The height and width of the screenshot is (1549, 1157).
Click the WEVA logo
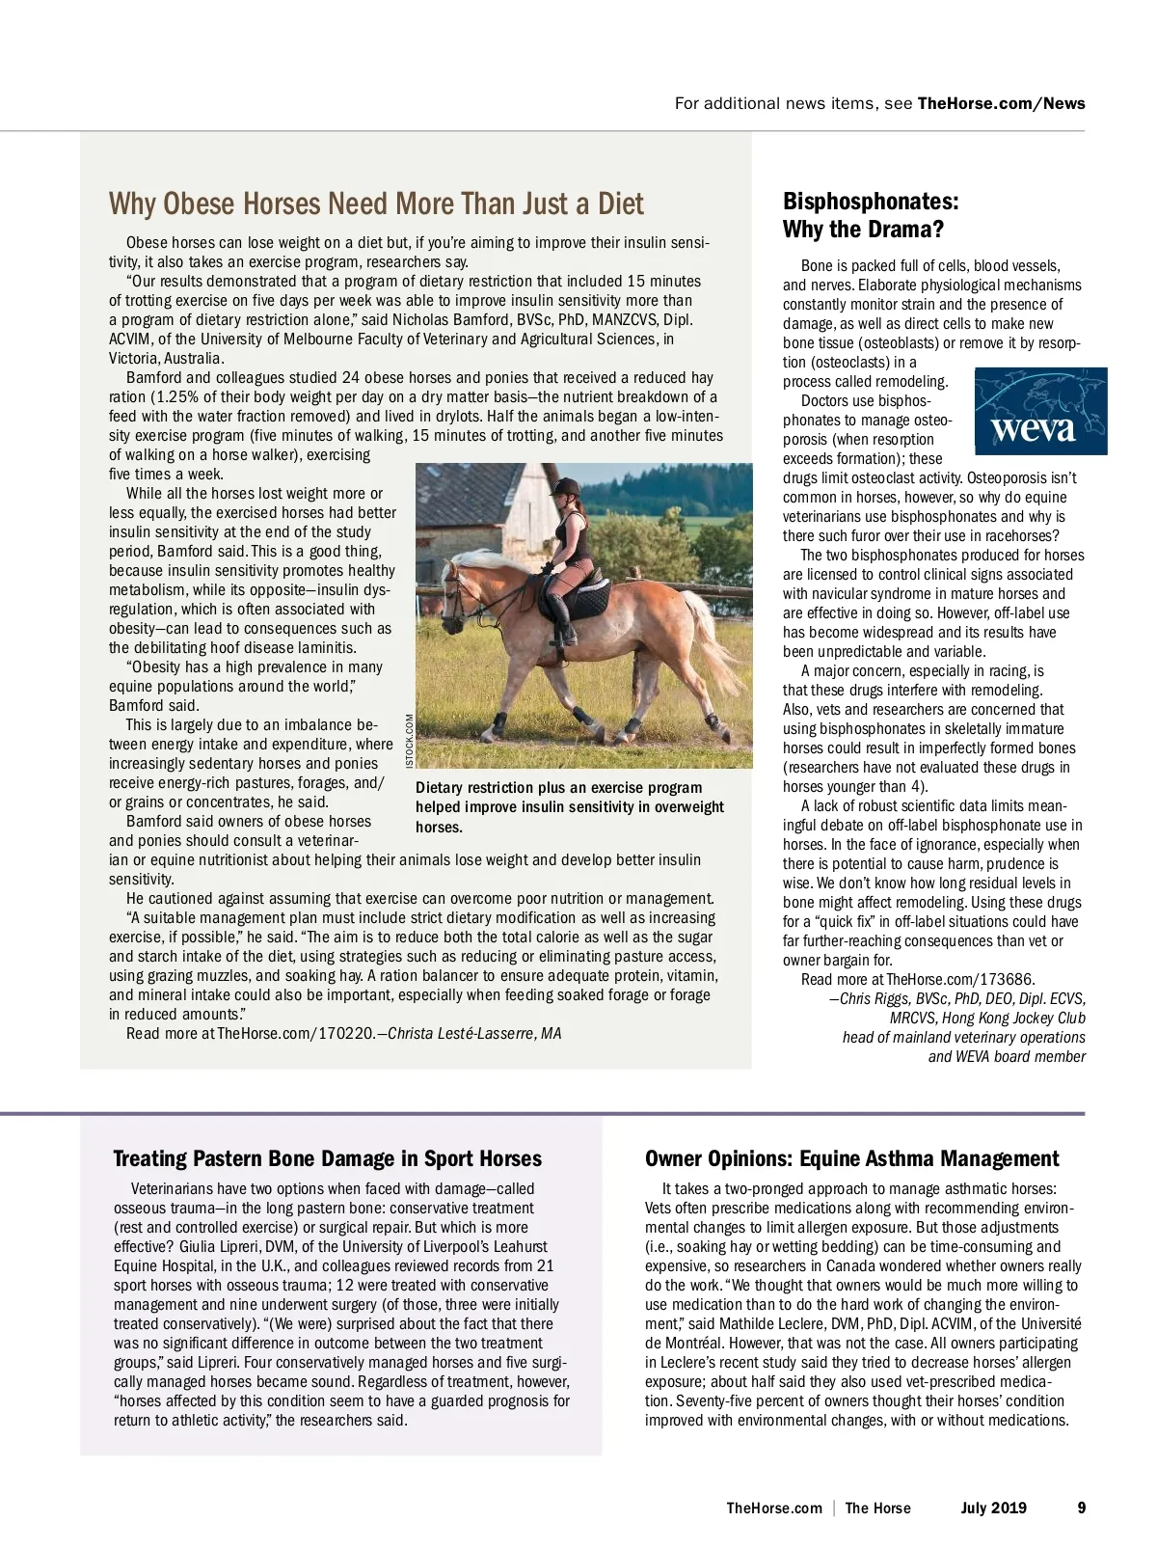pos(1040,411)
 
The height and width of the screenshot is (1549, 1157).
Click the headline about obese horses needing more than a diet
pos(376,204)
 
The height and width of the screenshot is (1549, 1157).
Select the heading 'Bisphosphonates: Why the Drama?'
pos(871,215)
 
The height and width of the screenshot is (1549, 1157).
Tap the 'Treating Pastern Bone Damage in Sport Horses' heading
pos(328,1158)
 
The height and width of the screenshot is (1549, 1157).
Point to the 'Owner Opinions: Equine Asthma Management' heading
pos(851,1158)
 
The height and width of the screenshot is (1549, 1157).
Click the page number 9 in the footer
pos(1081,1508)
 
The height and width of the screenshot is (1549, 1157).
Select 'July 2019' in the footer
pos(993,1508)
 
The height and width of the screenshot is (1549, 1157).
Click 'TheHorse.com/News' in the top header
pos(1001,103)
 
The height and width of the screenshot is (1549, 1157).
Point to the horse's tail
pos(713,637)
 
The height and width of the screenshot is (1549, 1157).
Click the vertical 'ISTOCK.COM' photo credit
pos(410,740)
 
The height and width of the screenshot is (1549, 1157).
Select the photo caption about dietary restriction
pos(569,807)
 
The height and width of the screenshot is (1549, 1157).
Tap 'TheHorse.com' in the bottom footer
pos(774,1508)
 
